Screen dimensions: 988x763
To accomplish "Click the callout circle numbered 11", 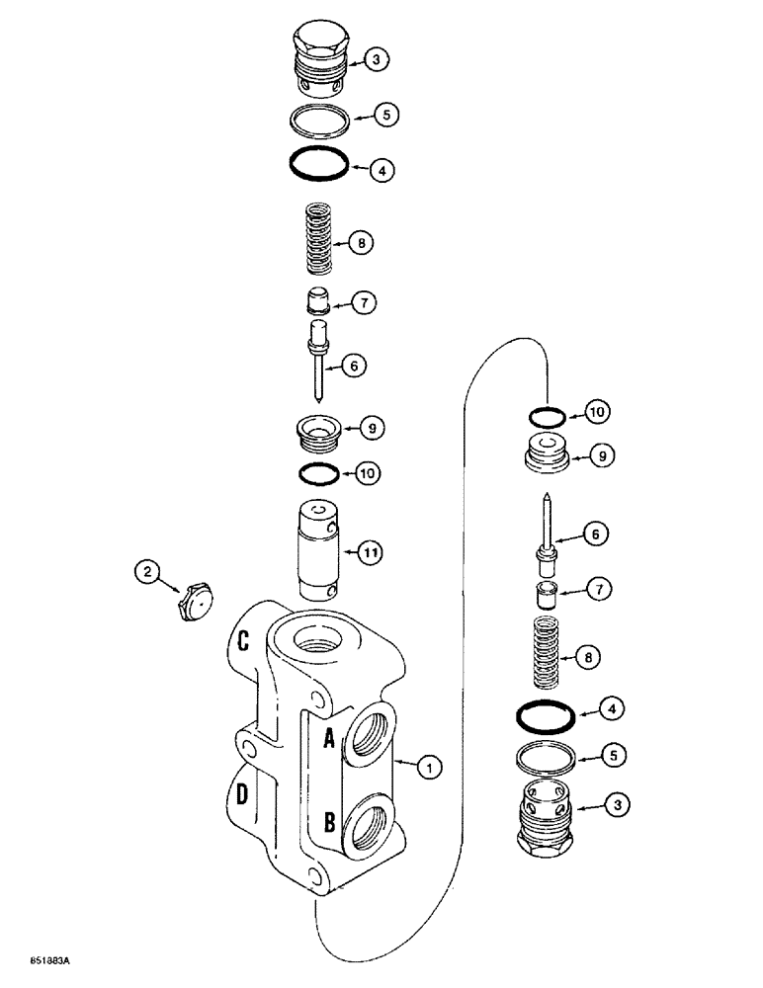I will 368,552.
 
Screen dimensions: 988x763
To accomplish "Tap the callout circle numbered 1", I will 426,764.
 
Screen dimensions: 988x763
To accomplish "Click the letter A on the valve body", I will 328,736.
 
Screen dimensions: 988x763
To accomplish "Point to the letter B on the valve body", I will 329,822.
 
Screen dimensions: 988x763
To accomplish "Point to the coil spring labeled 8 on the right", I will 547,653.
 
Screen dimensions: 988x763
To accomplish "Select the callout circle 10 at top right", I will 600,410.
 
